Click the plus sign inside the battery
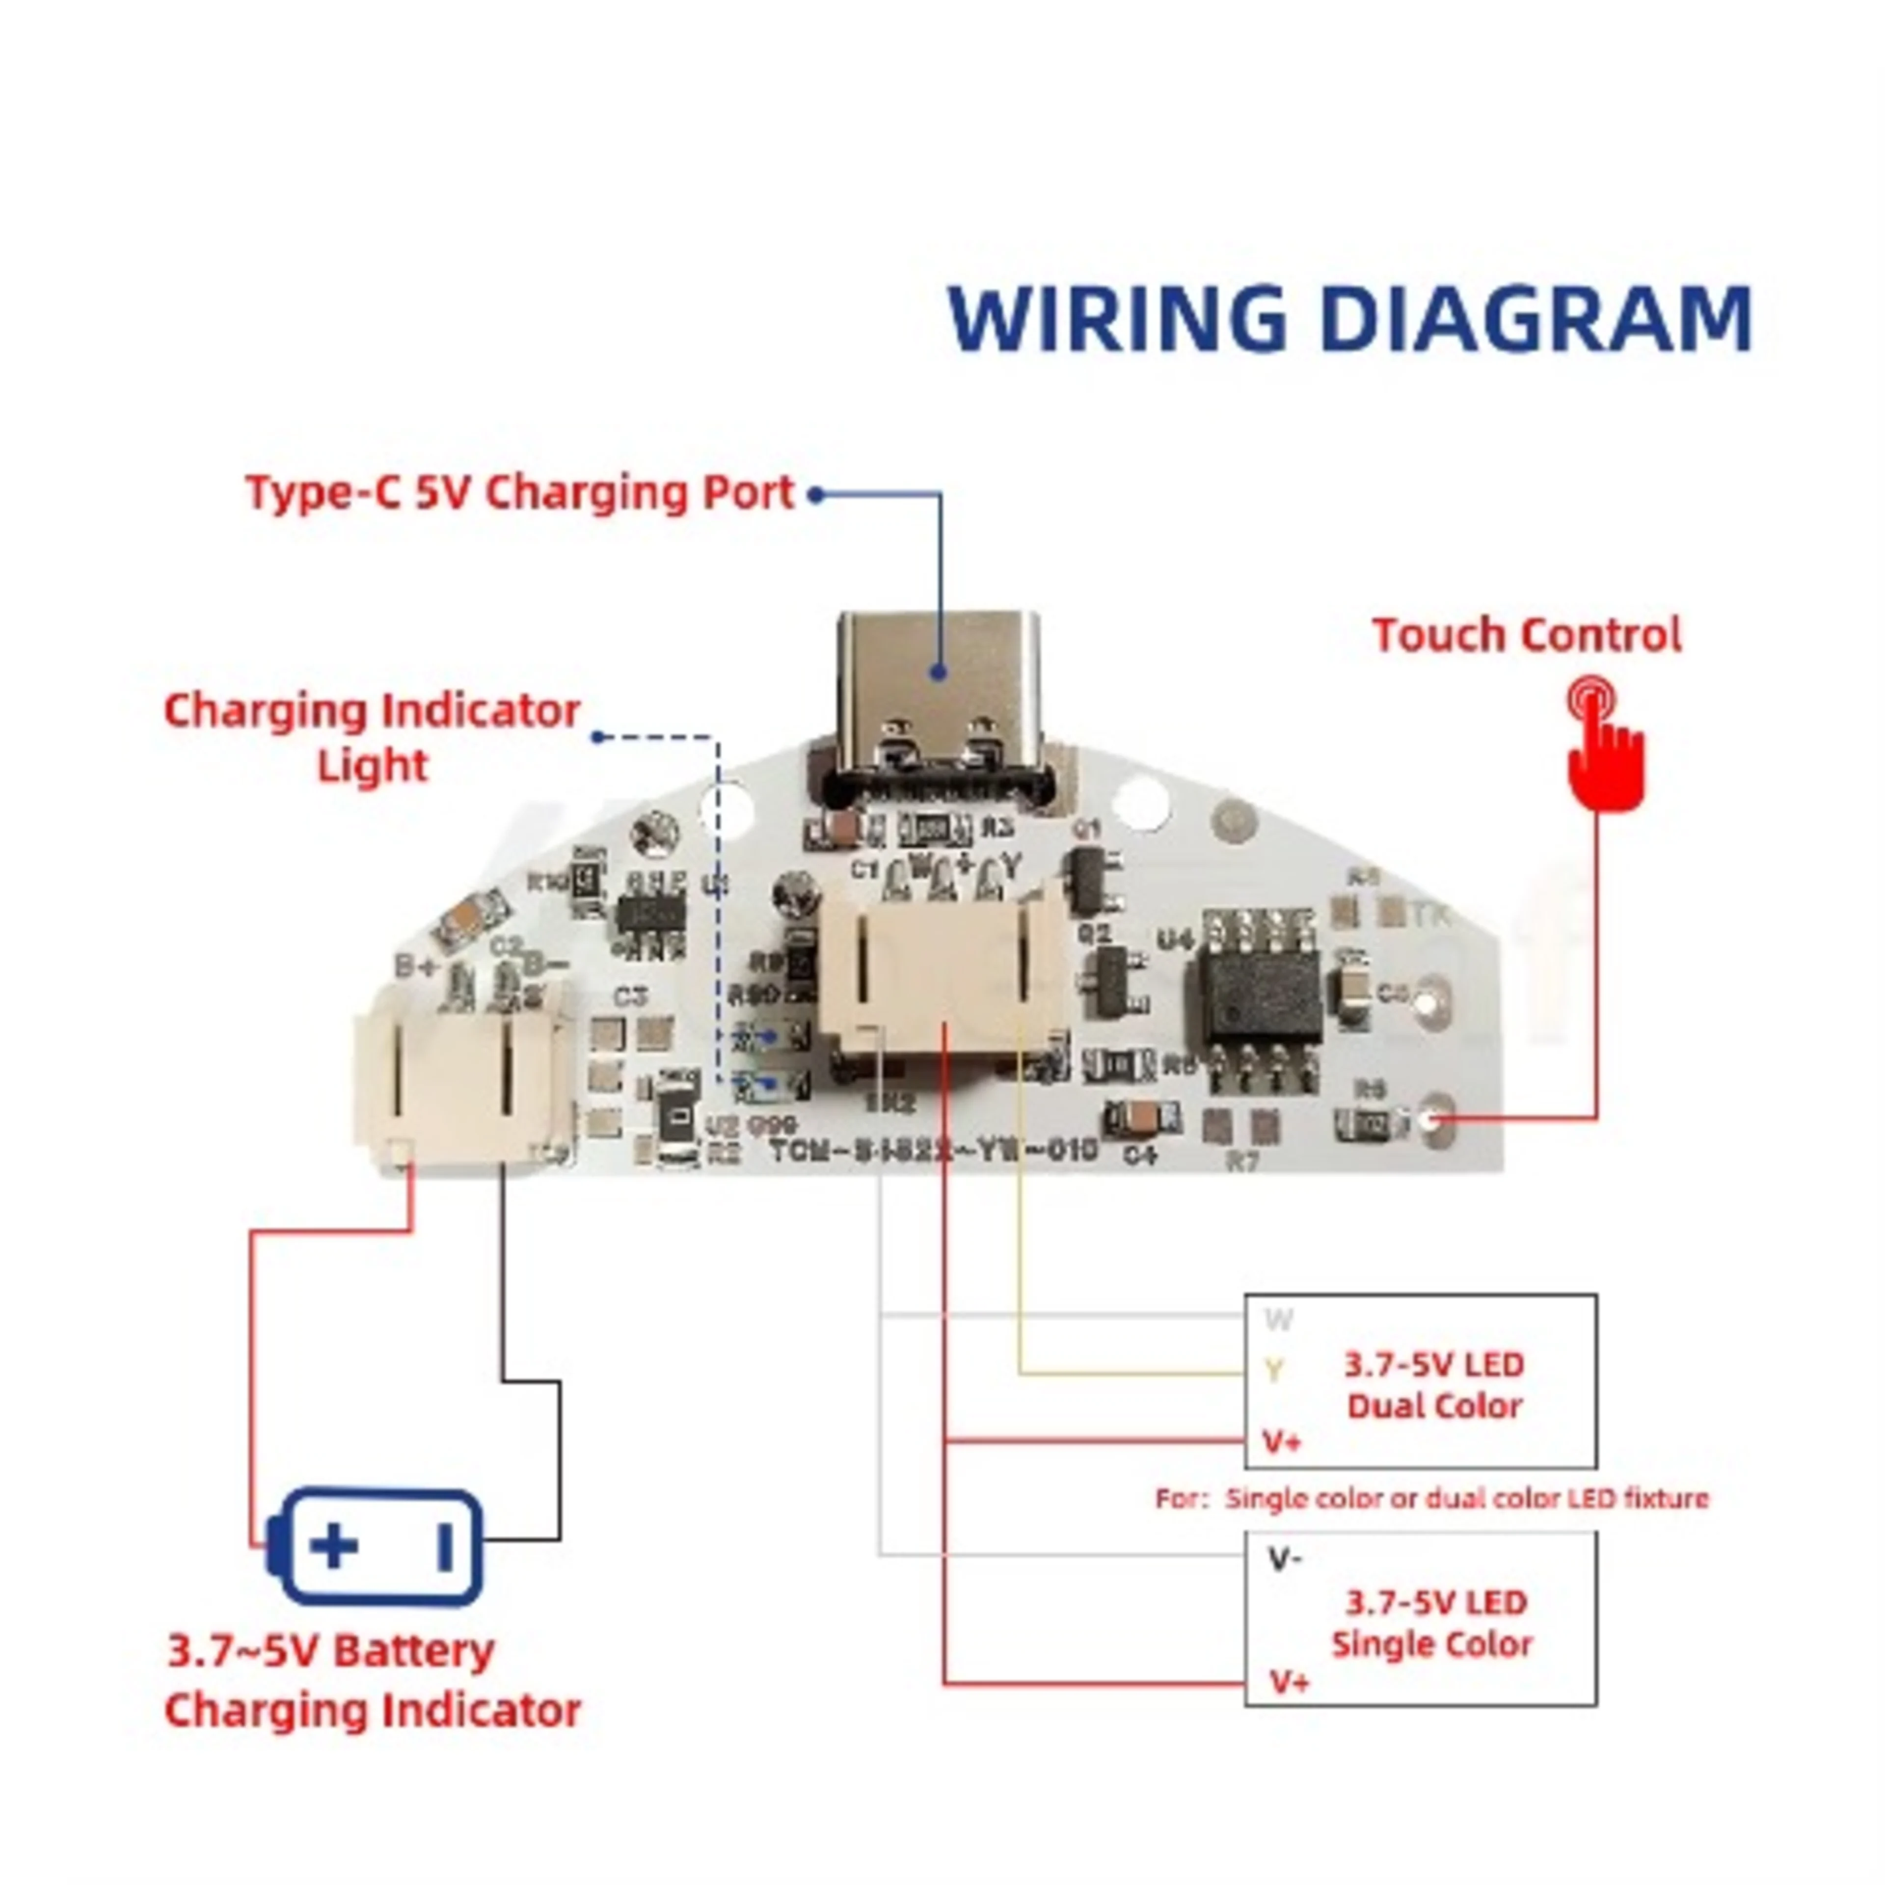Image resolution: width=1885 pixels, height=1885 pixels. point(334,1546)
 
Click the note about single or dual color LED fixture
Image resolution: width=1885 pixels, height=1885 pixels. point(1431,1498)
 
